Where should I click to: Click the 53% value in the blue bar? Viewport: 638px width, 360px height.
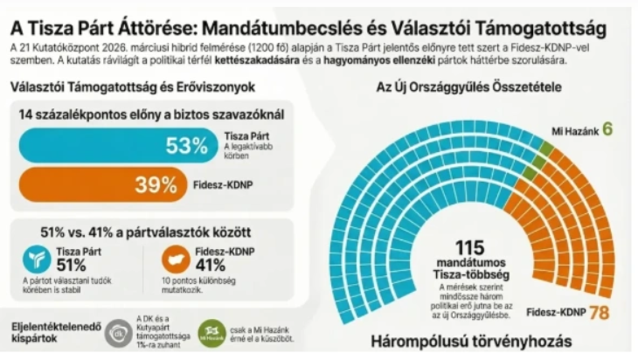click(185, 146)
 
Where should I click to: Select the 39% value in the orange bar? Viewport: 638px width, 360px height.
click(156, 184)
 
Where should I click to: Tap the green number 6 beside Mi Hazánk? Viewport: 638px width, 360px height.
click(607, 130)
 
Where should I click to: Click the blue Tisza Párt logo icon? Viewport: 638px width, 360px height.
click(35, 260)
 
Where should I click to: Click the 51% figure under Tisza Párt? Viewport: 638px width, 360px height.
click(71, 266)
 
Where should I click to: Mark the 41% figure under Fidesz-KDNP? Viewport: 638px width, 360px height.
click(211, 266)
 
